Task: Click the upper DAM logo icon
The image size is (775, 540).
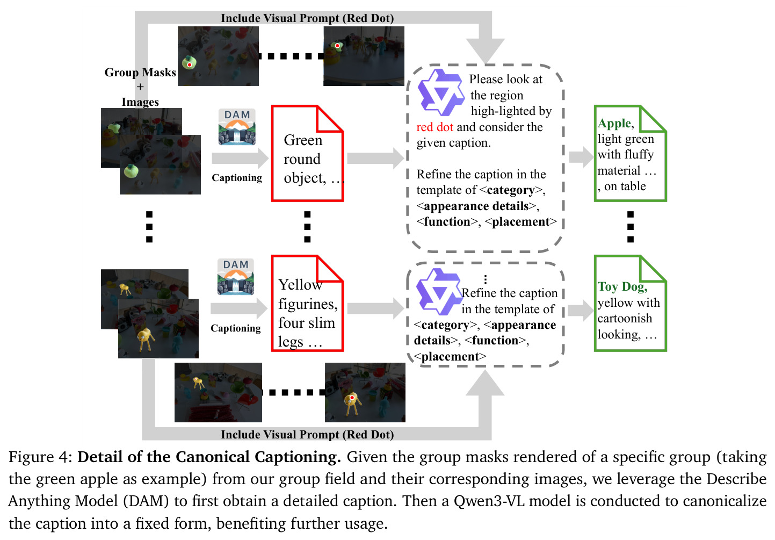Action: (x=237, y=127)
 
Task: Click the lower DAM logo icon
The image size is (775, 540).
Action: (x=236, y=277)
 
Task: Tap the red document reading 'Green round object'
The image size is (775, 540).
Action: (x=307, y=153)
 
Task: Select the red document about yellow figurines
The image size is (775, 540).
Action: (x=307, y=303)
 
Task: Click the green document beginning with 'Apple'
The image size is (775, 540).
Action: (x=631, y=153)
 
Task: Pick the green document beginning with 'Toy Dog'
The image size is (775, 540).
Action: (x=631, y=303)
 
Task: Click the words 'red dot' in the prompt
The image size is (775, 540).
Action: (x=434, y=127)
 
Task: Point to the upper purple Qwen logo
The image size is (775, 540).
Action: (x=440, y=92)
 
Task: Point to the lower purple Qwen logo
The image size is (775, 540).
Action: (x=439, y=291)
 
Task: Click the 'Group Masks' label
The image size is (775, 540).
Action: (x=140, y=73)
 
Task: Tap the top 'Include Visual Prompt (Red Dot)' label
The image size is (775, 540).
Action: (x=307, y=18)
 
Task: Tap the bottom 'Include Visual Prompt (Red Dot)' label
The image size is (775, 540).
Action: (x=307, y=435)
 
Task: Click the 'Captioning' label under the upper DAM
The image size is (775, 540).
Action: (x=237, y=177)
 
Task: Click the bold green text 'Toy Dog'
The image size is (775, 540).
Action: (x=622, y=286)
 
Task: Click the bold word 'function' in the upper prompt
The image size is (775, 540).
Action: (x=447, y=221)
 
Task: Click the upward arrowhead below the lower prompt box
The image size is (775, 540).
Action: (x=485, y=383)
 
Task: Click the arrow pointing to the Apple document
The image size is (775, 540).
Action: (x=581, y=157)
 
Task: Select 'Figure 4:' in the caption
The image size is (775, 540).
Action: (x=40, y=457)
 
